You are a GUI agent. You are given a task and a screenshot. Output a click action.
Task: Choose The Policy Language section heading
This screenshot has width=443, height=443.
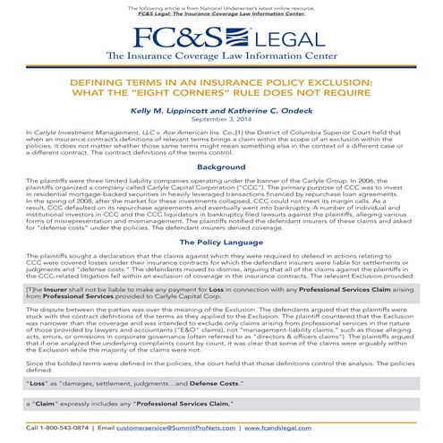221,242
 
